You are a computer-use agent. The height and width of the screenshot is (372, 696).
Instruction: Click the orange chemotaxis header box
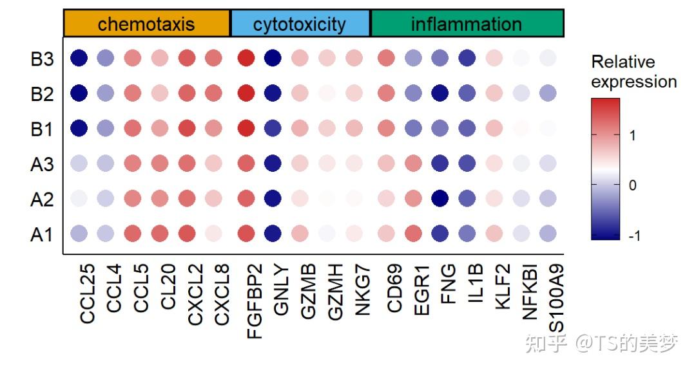click(x=146, y=24)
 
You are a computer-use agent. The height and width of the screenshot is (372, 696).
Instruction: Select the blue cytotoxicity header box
click(x=300, y=24)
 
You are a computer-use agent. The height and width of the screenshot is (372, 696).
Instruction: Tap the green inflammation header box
click(x=467, y=24)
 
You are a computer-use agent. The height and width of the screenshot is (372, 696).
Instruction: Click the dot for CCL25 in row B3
click(x=79, y=59)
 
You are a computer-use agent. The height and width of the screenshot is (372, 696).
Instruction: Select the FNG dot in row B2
click(x=441, y=94)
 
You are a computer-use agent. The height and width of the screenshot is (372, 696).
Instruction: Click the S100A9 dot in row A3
click(x=547, y=164)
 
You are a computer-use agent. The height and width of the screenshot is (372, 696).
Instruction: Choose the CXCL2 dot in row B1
click(x=186, y=129)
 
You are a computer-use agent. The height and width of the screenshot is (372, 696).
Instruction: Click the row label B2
click(x=42, y=95)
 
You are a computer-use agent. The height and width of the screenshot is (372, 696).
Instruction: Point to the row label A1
click(x=42, y=235)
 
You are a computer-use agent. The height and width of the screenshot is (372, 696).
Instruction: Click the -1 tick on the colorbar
click(x=634, y=236)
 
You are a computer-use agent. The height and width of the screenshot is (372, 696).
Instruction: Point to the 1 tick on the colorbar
click(x=632, y=135)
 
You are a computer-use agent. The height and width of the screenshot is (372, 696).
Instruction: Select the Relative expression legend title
click(x=633, y=72)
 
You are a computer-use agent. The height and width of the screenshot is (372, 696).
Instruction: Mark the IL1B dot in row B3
click(x=467, y=59)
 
